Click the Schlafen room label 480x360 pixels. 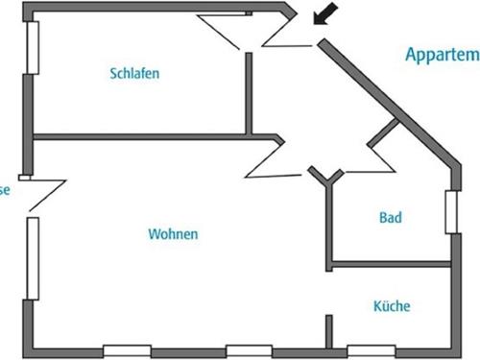pos(134,73)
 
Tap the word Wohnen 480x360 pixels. pos(173,234)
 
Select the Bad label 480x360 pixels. pos(390,219)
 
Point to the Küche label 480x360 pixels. pos(392,307)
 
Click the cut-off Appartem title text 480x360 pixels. pos(441,56)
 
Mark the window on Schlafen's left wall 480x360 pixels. pos(34,45)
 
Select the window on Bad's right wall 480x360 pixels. pos(450,211)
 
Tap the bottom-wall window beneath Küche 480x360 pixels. pos(371,350)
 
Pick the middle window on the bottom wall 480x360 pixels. pos(250,350)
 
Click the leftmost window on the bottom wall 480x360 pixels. pos(127,350)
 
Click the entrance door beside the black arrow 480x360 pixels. pos(288,38)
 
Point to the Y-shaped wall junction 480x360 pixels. pos(327,177)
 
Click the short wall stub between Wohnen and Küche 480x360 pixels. pos(329,332)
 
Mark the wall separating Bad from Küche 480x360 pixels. pos(389,262)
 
